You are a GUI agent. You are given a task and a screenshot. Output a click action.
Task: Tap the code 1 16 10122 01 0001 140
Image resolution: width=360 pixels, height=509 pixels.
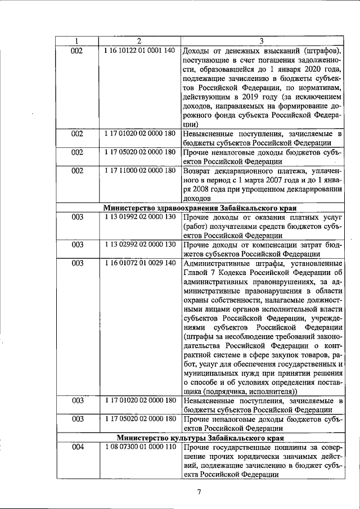tap(139, 51)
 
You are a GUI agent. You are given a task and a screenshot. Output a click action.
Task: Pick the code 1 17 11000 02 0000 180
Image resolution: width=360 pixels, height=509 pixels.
tap(139, 170)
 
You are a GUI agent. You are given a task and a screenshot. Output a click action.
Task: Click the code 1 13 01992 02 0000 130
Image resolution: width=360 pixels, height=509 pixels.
tap(139, 217)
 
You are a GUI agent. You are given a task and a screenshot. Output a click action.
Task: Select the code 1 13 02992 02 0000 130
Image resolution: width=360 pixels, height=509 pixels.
tap(139, 244)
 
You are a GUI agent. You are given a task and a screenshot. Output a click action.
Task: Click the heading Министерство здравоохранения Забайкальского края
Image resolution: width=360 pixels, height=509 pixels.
tap(200, 208)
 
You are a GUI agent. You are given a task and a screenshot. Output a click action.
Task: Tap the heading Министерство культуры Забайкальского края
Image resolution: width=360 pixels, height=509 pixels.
tap(200, 438)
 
